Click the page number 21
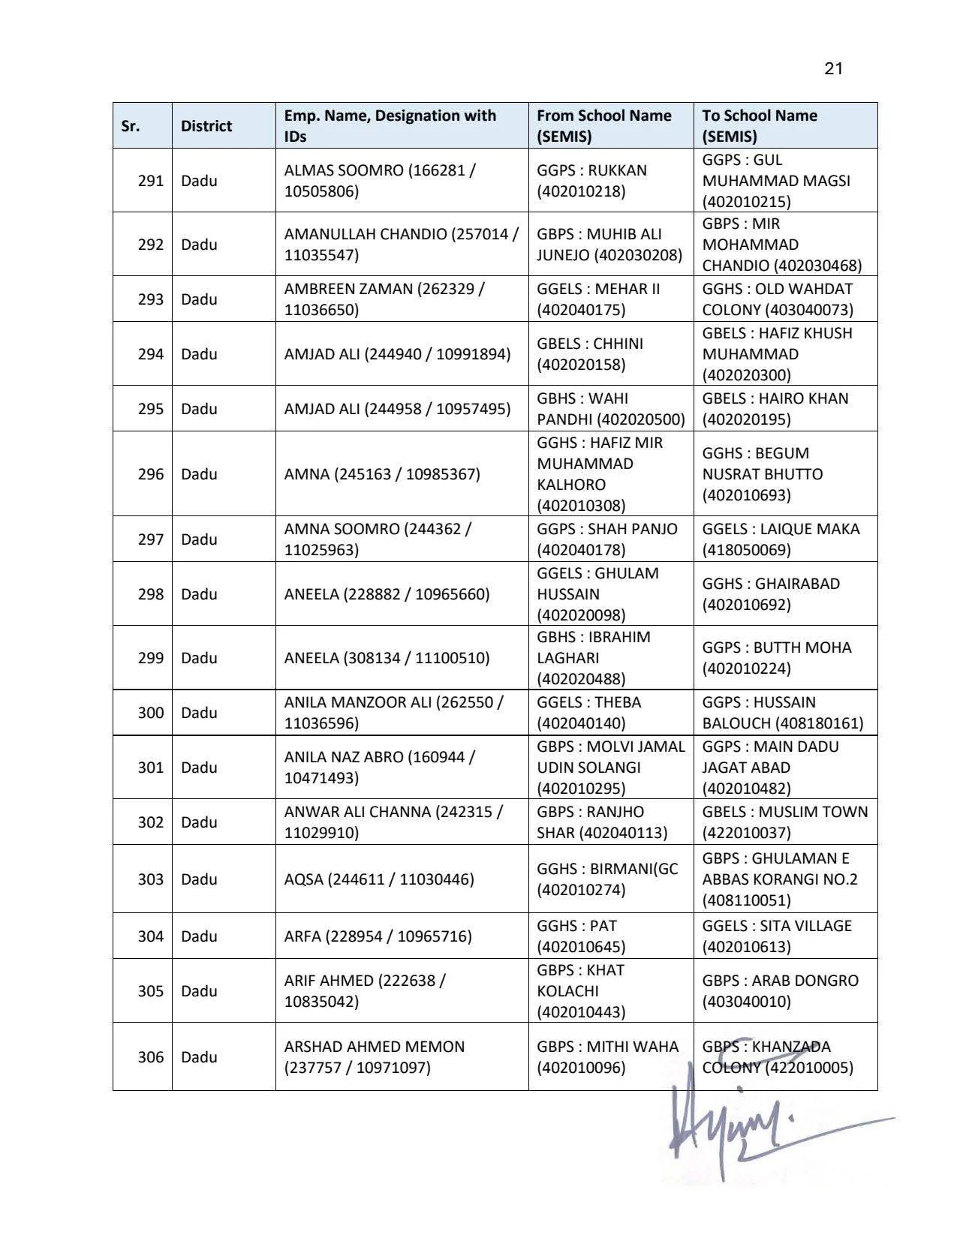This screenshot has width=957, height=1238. tap(833, 69)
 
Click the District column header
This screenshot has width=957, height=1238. tap(206, 126)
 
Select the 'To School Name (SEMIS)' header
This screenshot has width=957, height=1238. tap(760, 126)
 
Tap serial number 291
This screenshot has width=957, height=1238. tap(150, 181)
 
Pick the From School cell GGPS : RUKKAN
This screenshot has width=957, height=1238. tap(591, 181)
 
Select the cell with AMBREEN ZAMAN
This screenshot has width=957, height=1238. tap(384, 299)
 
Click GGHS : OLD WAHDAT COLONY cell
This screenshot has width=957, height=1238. tap(777, 299)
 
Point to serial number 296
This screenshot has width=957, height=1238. tap(150, 474)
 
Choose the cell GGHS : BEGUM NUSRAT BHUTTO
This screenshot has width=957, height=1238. tap(762, 474)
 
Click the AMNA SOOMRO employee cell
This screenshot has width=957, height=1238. tap(378, 539)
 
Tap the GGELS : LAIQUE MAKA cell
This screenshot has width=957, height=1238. tap(781, 539)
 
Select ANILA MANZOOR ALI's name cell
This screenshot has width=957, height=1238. tap(393, 713)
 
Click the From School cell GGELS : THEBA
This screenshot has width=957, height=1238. tap(589, 713)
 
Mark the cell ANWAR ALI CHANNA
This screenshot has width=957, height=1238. tap(393, 822)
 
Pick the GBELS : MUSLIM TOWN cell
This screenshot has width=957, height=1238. tap(784, 822)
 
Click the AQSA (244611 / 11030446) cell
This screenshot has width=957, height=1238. tap(379, 879)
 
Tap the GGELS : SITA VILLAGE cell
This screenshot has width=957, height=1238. tap(777, 936)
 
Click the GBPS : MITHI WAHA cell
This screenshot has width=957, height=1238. tap(607, 1057)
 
